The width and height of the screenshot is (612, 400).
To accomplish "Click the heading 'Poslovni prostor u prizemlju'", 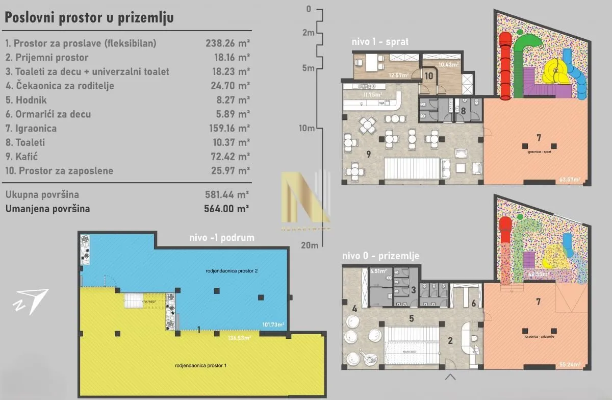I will click(89, 17).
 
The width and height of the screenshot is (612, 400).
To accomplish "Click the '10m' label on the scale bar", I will click(307, 128).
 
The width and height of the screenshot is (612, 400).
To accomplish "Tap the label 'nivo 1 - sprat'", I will click(380, 42).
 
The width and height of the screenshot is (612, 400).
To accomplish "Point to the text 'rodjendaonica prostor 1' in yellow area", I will click(200, 365).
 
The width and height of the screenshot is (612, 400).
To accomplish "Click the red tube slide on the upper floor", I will click(505, 66).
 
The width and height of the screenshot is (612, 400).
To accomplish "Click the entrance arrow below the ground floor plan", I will click(450, 377).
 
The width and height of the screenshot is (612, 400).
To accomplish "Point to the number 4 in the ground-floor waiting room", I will click(353, 309).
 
